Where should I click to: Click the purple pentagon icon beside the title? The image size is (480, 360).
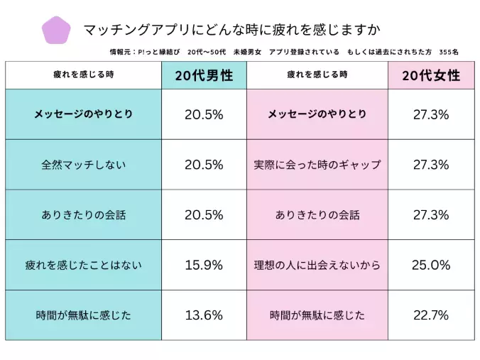click(57, 30)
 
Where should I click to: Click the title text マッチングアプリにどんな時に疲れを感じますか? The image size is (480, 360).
click(231, 30)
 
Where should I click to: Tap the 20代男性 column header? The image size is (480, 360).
click(204, 75)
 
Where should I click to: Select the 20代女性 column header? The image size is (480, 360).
click(430, 75)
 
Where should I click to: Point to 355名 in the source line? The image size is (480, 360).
click(449, 53)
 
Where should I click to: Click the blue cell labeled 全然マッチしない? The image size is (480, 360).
click(83, 165)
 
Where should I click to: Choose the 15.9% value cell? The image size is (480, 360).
click(204, 265)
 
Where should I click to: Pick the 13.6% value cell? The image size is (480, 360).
click(204, 315)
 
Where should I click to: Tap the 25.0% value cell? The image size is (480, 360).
click(430, 265)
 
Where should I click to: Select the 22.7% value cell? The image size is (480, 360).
click(430, 315)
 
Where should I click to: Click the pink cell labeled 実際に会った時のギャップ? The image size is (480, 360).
click(317, 165)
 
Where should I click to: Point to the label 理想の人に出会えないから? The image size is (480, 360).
click(317, 265)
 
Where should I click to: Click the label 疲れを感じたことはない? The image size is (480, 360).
click(83, 265)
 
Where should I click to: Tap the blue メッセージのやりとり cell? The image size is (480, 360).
click(83, 114)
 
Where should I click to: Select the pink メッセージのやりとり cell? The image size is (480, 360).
click(317, 114)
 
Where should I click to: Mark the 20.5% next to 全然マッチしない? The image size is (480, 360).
click(204, 165)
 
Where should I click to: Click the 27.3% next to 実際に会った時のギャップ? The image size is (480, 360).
click(430, 165)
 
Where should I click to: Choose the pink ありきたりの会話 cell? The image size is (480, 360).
click(317, 214)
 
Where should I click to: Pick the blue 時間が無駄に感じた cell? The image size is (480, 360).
click(83, 315)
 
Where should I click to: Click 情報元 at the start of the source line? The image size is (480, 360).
click(122, 53)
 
